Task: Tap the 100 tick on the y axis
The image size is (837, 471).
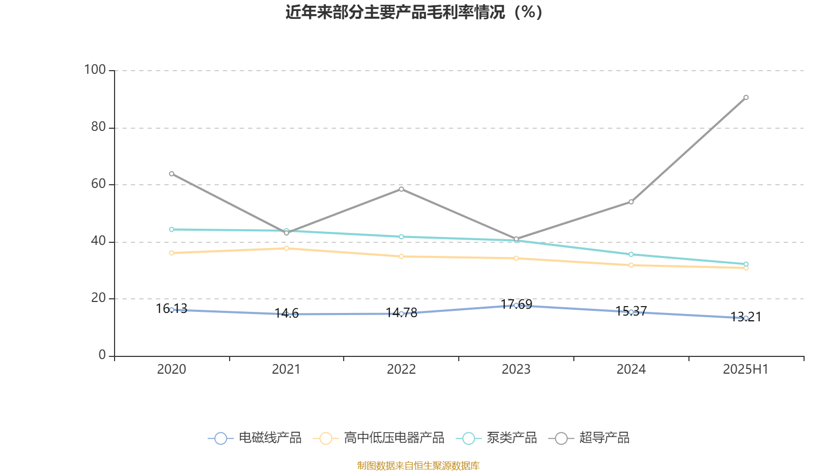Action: (95, 70)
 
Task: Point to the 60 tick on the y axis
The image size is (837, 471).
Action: (98, 184)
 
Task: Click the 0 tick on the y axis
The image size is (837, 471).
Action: (102, 355)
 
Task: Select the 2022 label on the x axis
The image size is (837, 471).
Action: (401, 369)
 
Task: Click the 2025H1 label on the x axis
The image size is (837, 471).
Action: (745, 369)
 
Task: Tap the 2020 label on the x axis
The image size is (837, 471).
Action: (172, 369)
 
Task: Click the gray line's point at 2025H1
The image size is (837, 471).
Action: (746, 97)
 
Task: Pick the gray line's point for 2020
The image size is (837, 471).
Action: (172, 174)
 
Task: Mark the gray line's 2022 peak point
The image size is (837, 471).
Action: (401, 189)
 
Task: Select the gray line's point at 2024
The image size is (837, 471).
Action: (631, 202)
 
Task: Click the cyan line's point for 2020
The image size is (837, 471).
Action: (172, 229)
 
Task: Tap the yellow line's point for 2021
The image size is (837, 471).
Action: (286, 248)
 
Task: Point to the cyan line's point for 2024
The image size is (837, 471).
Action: (631, 254)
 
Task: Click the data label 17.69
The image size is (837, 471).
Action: (516, 304)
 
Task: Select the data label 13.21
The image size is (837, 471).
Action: (745, 317)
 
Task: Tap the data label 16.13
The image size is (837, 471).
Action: (172, 309)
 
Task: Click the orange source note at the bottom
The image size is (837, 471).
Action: (418, 465)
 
